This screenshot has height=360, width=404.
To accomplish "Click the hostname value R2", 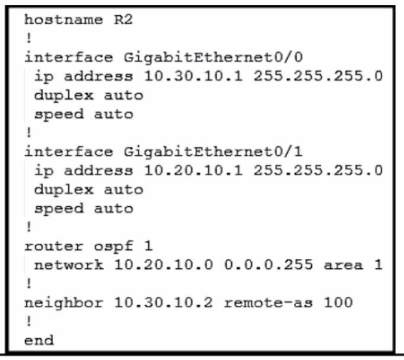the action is [x=123, y=19].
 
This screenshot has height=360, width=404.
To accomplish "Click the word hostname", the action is [x=64, y=19].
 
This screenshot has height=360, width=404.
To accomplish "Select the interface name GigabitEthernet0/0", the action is [x=213, y=58].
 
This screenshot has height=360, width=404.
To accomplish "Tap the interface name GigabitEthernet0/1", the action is [x=213, y=152].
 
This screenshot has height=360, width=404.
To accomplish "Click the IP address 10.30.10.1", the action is [x=193, y=76].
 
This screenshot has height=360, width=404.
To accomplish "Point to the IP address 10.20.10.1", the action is [x=193, y=171].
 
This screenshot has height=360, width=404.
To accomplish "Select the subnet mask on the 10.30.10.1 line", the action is [x=318, y=76].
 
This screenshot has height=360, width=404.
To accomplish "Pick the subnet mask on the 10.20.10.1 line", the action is [x=318, y=171].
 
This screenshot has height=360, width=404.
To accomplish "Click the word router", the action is [x=54, y=246].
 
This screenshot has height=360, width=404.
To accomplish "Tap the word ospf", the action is [x=114, y=247].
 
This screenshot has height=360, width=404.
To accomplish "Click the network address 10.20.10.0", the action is [x=164, y=265].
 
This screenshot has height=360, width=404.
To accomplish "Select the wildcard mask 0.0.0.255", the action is [x=269, y=265].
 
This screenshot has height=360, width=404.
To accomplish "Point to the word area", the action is [x=343, y=266].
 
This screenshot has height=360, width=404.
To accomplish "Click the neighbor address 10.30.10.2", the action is [x=164, y=303].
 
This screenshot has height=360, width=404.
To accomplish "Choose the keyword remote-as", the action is [x=269, y=303].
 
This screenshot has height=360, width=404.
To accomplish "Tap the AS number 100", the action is [x=338, y=303].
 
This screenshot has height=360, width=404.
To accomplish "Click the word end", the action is [x=39, y=340].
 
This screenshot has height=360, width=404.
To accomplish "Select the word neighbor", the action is [x=64, y=303].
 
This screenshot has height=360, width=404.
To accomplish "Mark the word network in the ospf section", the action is [x=69, y=265].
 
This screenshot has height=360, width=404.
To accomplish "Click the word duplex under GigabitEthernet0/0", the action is [x=64, y=96].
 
